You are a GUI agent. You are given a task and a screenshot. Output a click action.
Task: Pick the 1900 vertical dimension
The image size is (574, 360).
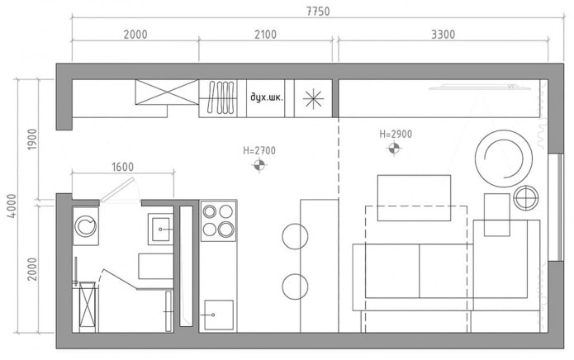pos(32,139)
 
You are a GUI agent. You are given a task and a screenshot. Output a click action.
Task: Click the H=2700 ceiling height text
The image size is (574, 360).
pos(259,150)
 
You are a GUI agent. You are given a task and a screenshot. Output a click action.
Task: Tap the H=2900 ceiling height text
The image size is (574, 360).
pos(396,133)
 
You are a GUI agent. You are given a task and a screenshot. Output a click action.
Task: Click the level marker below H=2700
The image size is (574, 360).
pos(259,165)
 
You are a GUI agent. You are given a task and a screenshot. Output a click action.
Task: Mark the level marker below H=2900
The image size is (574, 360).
pos(396,149)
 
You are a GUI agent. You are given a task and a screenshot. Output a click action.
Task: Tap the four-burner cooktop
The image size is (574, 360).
pos(218,220)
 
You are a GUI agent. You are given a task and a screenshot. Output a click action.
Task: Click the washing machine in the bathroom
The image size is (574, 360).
pos(86,225)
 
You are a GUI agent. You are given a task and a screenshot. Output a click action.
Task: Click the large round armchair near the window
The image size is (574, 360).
pos(502,158)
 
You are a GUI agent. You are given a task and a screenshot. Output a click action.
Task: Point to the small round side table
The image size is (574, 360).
pos(524,199)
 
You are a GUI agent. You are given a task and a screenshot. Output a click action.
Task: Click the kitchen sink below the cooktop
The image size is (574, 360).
pos(218,314)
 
